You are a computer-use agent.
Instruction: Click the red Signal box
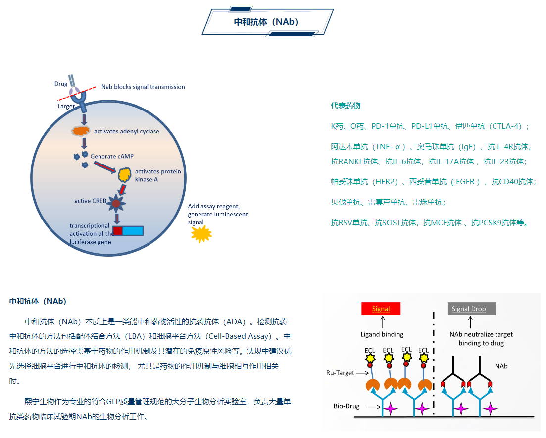pos(381,309)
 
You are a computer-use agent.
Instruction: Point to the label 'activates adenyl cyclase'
pos(127,131)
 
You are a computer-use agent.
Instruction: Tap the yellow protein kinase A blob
pos(125,174)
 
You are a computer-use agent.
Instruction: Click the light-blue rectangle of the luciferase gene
pos(133,230)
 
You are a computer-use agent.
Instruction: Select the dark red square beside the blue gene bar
pos(117,230)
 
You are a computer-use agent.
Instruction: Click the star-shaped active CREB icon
pos(116,203)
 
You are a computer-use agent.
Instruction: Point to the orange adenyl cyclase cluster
pos(81,131)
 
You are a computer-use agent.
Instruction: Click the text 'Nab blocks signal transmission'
pos(143,87)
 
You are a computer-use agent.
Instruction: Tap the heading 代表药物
pos(346,106)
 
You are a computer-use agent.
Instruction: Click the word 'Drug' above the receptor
pos(61,84)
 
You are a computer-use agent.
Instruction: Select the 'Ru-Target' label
pos(340,373)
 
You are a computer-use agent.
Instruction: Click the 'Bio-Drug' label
pos(347,407)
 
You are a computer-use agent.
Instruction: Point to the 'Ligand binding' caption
pos(382,334)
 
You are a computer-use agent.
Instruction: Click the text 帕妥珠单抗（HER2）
pos(364,182)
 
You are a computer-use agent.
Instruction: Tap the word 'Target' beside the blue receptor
pos(66,106)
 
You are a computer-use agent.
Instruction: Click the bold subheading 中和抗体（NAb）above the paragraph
pos(38,301)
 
